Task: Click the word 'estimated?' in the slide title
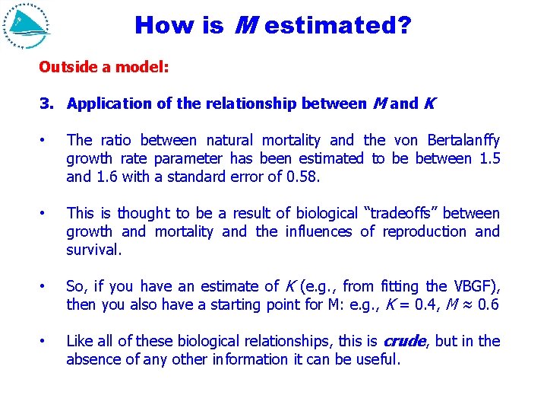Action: (339, 26)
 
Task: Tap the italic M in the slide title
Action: (245, 26)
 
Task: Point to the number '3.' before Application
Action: (48, 104)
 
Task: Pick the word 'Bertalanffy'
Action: (463, 141)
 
